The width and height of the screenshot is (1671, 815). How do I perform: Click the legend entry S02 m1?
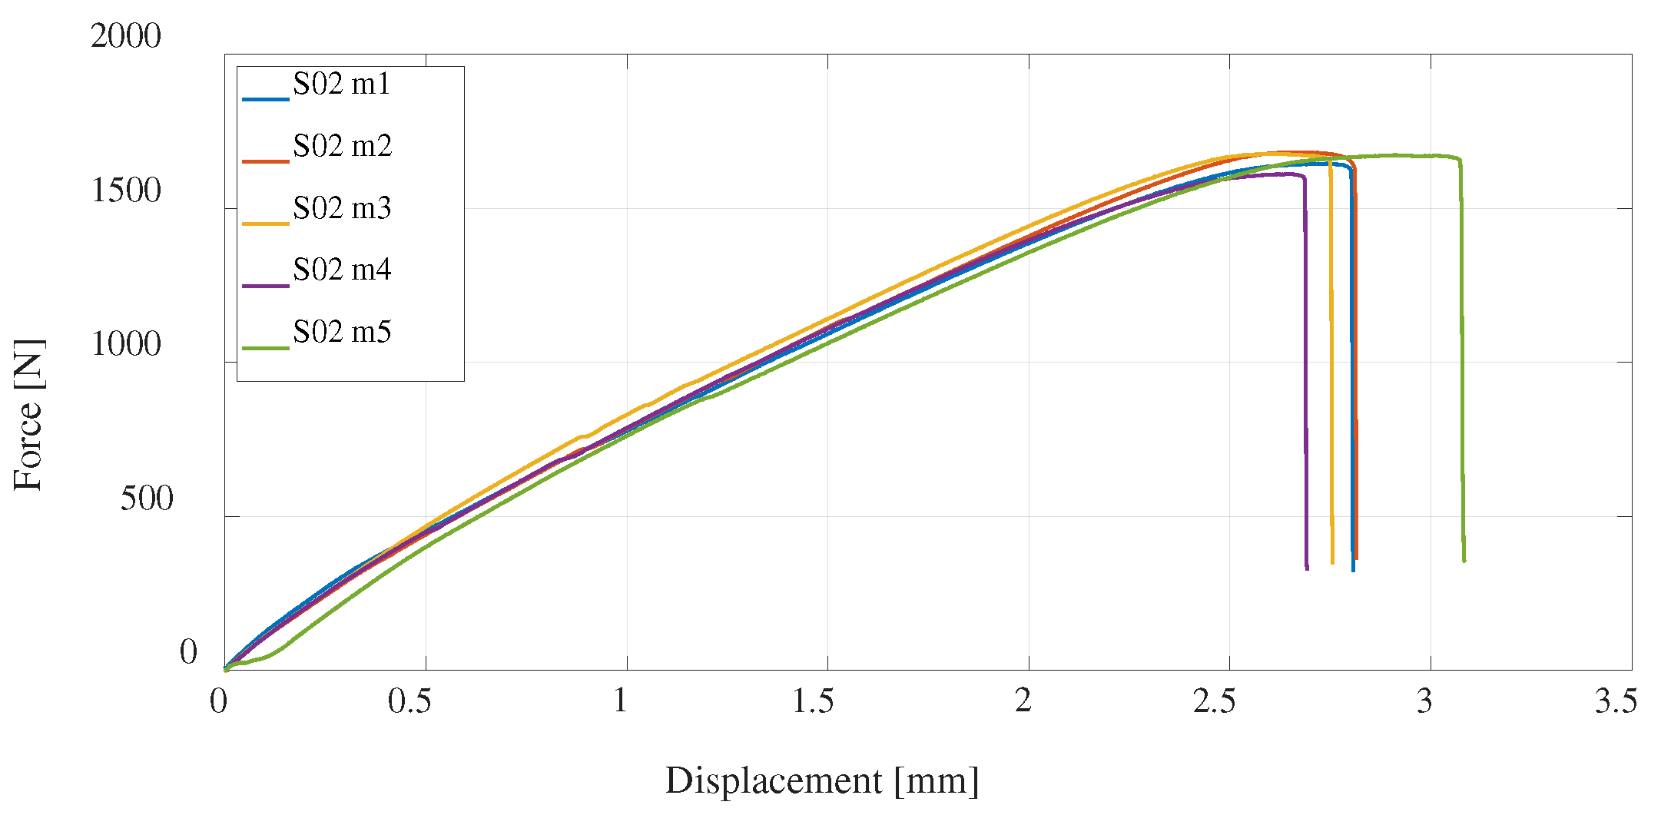[x=341, y=84]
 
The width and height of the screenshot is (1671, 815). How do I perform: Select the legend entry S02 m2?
[x=342, y=146]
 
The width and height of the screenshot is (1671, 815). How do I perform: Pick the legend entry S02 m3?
[x=342, y=208]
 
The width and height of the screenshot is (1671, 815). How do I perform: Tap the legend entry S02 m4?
[x=342, y=270]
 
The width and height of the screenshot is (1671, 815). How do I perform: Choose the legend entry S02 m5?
[x=342, y=332]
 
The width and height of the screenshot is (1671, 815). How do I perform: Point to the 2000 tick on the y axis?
[x=126, y=36]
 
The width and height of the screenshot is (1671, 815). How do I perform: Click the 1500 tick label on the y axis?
[x=126, y=190]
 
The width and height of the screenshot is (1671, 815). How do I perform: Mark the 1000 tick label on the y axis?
[x=126, y=343]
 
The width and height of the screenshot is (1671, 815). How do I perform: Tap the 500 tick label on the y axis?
[x=147, y=499]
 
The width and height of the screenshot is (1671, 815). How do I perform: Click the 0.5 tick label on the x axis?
[x=409, y=701]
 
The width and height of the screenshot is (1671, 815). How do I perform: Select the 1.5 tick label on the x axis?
[x=813, y=701]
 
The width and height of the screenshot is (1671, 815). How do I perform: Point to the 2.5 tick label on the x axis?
[x=1215, y=701]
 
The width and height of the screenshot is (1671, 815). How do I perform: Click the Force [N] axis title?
[x=29, y=415]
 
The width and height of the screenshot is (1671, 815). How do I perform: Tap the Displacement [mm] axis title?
[x=822, y=781]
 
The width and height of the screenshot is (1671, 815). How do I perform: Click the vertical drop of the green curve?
[x=1461, y=361]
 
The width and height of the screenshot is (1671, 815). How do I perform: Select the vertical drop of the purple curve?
[x=1305, y=369]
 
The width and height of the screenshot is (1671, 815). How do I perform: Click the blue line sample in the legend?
[x=265, y=99]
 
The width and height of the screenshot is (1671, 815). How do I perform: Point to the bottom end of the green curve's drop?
[x=1464, y=561]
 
